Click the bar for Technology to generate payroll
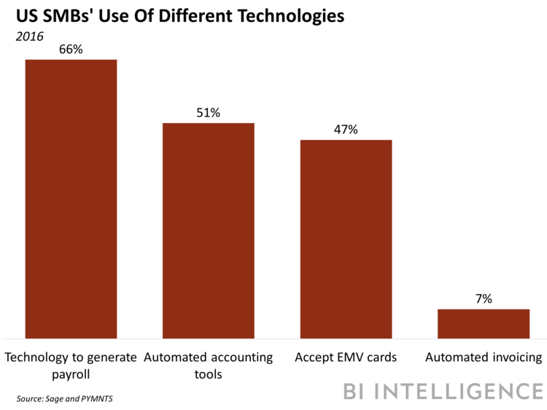pos(71,198)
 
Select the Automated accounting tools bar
pos(208,230)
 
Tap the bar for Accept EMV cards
pos(346,238)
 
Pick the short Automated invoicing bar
pos(483,323)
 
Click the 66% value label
pos(71,49)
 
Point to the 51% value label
pos(208,113)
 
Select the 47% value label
pos(346,130)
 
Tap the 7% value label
pos(483,299)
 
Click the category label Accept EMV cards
pos(346,358)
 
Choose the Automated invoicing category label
pos(484,358)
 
